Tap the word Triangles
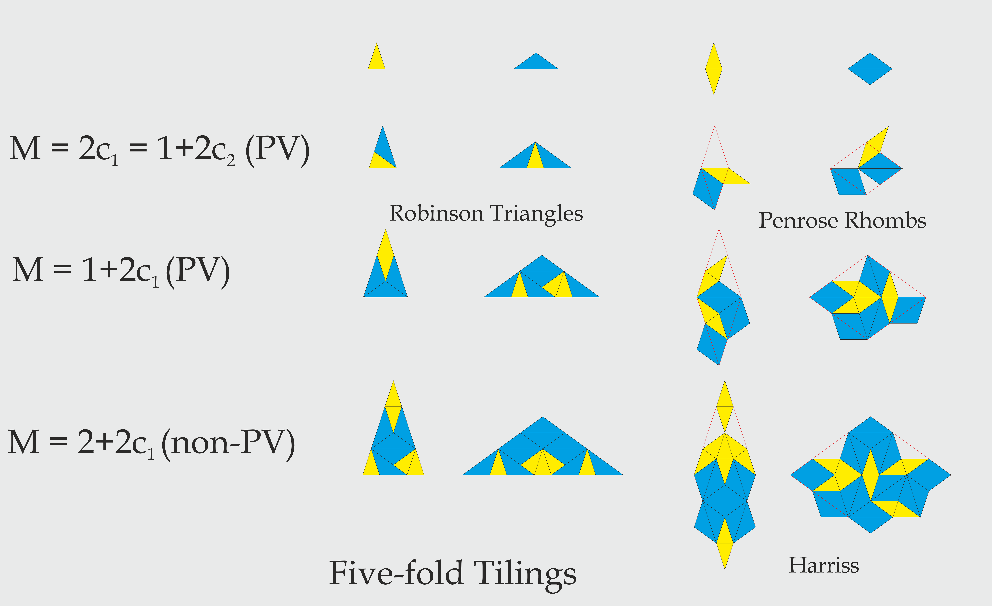pos(537,214)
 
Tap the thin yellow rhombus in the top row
pos(714,69)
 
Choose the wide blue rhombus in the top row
pos(870,69)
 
